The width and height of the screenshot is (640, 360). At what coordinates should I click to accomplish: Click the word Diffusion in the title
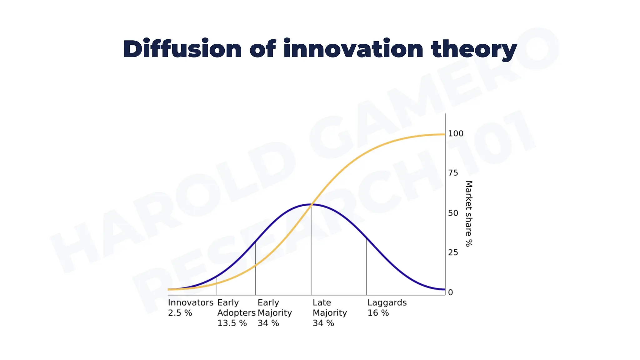point(182,49)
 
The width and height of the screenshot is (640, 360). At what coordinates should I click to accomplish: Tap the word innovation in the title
point(353,49)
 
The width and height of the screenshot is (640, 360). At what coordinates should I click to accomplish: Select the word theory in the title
point(474,50)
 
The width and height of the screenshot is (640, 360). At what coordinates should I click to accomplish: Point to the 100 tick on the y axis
point(456,134)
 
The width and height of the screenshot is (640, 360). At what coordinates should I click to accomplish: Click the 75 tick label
point(453,173)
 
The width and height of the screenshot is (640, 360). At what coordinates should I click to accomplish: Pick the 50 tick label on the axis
point(453,213)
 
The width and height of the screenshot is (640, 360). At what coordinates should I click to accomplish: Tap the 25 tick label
point(453,252)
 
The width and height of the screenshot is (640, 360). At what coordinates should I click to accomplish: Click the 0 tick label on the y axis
point(450,292)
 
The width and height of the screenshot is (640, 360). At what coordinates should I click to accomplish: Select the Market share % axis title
point(469,213)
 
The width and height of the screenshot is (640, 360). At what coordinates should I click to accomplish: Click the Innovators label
point(191,302)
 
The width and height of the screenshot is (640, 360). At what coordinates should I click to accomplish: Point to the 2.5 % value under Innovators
point(180,313)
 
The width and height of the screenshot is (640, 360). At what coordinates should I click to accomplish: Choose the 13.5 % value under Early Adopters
point(232,323)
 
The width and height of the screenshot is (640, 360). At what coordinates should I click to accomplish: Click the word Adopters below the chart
point(236,313)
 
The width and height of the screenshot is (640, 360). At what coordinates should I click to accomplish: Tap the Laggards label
point(387,302)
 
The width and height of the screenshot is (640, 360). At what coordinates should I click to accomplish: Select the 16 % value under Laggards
point(378,313)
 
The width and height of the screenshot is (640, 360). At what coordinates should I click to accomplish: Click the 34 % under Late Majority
point(323,323)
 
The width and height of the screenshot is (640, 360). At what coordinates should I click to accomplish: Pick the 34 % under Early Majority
point(268,323)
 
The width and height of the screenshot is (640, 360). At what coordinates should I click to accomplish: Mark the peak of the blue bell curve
point(311,204)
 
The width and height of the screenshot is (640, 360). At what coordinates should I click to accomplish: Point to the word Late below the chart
point(322,302)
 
